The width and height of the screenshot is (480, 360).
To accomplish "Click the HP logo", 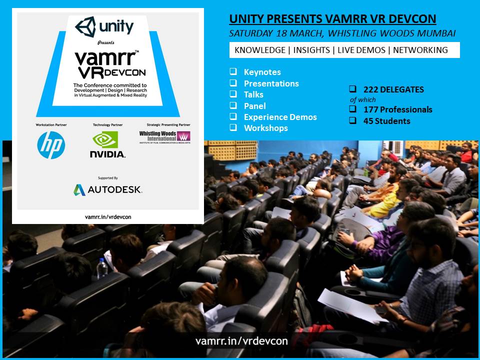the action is coord(51,145).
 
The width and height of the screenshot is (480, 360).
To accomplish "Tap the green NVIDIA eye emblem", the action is coord(105,139).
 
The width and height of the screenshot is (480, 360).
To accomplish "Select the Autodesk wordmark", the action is coord(115,190).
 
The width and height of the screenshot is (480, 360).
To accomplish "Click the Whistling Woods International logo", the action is coord(164,137).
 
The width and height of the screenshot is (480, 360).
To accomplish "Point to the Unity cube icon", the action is coord(85,27).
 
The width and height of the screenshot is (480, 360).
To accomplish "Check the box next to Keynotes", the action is coord(233,71).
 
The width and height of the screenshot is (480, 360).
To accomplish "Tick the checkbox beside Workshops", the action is coord(233,127).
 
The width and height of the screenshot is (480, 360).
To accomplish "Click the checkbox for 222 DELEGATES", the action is coord(352,89).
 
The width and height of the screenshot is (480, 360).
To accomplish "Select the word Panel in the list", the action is coord(254,106).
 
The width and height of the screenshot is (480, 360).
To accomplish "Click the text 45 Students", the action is coord(387,121).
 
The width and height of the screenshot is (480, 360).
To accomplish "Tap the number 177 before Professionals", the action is coord(370,109).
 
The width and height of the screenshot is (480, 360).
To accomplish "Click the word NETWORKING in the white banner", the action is coord(420,50).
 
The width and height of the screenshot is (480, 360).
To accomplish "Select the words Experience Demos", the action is coord(280,117).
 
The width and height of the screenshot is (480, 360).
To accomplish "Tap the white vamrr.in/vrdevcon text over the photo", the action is coord(241,341).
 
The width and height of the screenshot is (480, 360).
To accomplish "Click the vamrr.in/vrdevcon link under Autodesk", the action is coord(108,217).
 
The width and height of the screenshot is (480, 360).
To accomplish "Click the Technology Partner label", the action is coord(108,125).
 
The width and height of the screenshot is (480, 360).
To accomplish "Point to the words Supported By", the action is coord(108,178).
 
